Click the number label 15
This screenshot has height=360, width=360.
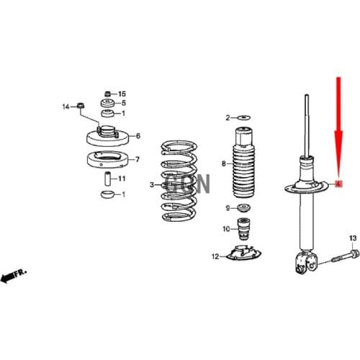122,94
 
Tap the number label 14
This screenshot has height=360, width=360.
65,107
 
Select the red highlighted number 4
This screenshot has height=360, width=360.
338,185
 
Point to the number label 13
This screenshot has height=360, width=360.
353,238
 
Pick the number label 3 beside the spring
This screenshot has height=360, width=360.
152,185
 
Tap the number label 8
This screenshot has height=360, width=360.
224,163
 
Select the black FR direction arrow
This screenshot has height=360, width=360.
12,276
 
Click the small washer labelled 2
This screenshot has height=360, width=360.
243,117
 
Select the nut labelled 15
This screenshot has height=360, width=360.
107,94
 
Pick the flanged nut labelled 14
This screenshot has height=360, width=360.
81,108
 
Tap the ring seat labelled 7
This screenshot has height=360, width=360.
108,159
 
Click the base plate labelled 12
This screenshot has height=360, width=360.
246,253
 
